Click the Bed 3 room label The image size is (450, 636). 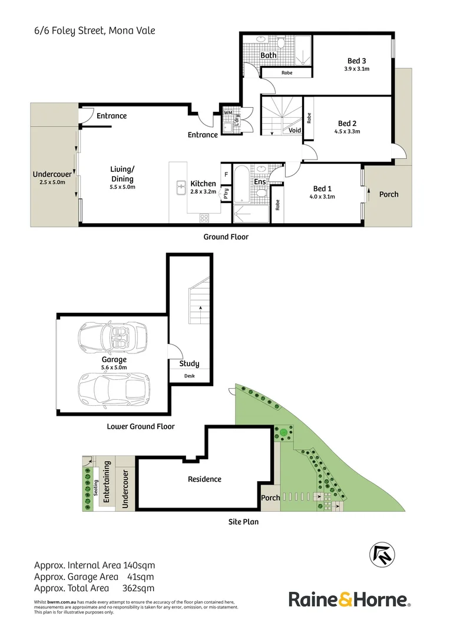357,61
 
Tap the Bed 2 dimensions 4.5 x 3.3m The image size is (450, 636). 347,131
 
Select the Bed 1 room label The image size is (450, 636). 322,188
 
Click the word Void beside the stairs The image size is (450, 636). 295,131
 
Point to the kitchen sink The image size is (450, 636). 181,188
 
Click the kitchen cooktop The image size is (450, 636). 204,218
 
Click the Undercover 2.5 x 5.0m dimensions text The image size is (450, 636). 52,183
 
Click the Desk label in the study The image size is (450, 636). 189,377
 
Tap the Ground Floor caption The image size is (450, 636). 226,237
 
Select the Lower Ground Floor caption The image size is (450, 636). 141,426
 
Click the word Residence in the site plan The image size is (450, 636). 204,479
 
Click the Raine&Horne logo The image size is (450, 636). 349,600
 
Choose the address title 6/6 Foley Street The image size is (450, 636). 95,31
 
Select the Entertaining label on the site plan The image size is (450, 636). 107,482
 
